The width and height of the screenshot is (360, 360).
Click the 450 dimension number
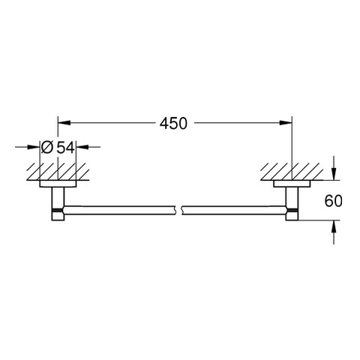click(x=173, y=123)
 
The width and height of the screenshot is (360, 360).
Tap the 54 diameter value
click(x=66, y=148)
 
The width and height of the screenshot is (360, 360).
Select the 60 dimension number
click(x=333, y=201)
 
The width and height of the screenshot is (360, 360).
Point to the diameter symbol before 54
click(x=47, y=148)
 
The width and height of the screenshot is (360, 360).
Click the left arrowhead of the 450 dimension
click(x=64, y=123)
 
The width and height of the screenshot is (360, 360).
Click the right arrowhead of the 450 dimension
click(x=286, y=123)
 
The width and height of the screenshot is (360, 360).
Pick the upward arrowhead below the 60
click(x=334, y=226)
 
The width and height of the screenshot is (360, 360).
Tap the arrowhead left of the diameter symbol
click(x=34, y=147)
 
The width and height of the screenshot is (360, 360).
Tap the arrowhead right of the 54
click(x=82, y=147)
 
